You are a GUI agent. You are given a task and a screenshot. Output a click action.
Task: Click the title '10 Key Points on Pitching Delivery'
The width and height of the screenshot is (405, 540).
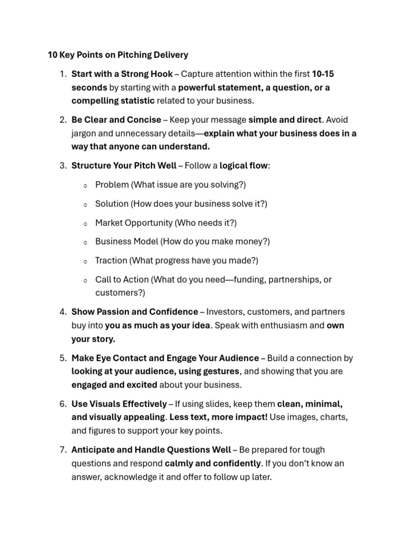118,54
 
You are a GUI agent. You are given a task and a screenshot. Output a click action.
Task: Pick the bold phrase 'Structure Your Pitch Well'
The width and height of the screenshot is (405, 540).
124,166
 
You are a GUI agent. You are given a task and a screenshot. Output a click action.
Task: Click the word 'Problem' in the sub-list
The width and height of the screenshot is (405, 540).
111,185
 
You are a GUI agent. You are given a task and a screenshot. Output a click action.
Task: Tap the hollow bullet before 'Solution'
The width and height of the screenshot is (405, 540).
85,204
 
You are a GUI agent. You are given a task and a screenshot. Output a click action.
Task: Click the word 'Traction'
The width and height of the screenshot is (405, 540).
111,261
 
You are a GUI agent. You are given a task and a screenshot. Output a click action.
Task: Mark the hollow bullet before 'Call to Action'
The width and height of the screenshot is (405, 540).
85,280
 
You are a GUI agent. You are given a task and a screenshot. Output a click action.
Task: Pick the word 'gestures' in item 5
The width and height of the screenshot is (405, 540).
217,371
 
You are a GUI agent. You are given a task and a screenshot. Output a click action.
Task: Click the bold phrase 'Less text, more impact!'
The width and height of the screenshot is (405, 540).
218,417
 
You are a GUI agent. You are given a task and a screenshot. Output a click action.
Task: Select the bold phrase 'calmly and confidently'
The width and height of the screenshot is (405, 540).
213,463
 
